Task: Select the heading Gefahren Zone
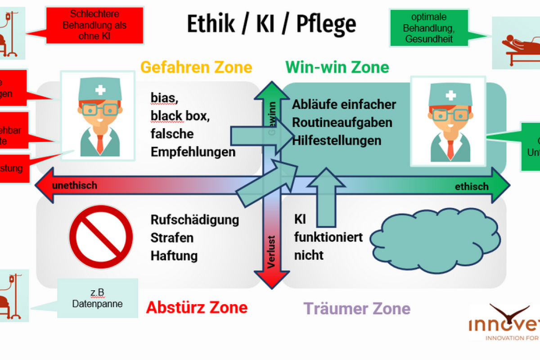[196, 67]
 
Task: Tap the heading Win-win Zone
[337, 67]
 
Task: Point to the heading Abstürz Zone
[197, 307]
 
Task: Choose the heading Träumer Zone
[357, 309]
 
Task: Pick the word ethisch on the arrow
[471, 186]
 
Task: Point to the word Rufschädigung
[195, 220]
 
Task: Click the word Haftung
[174, 256]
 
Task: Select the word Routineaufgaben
[342, 122]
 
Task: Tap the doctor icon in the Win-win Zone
[448, 121]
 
